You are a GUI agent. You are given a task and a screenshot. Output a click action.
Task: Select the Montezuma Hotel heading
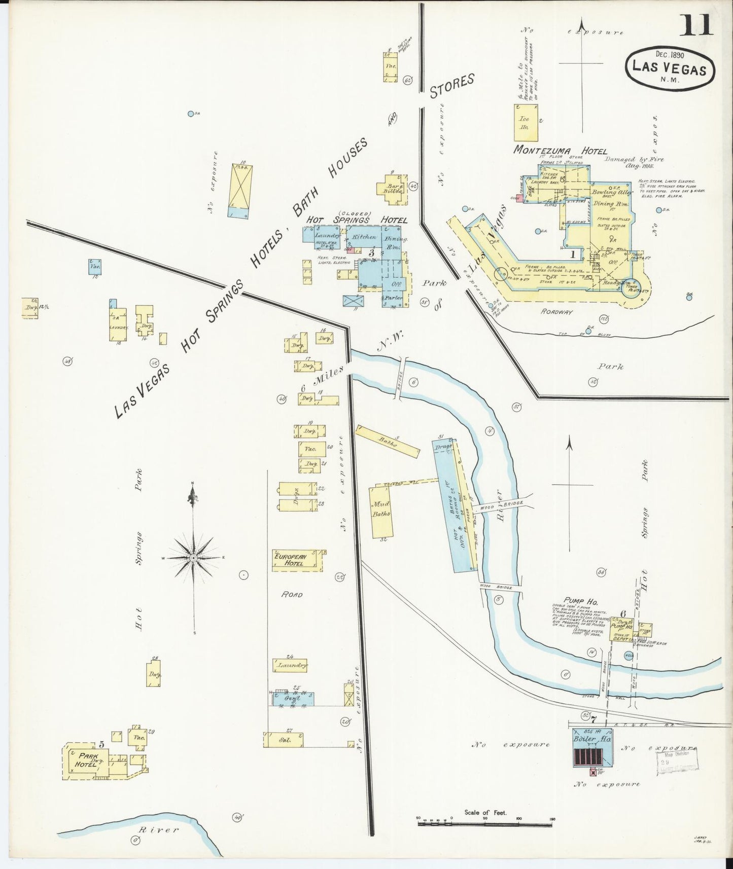(x=560, y=151)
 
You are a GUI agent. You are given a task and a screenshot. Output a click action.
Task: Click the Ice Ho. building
(x=525, y=123)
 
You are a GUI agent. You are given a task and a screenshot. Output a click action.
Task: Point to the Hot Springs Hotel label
(x=357, y=220)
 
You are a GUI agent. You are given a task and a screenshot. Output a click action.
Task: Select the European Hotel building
(x=297, y=560)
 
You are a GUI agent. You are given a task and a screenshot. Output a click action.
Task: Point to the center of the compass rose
(x=193, y=558)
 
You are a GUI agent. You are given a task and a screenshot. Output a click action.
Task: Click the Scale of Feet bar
(x=485, y=824)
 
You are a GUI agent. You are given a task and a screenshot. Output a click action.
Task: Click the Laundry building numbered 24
(x=290, y=665)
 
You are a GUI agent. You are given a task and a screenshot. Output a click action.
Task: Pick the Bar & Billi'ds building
(x=392, y=189)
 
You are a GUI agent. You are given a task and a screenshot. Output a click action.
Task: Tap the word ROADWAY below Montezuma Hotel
(x=556, y=312)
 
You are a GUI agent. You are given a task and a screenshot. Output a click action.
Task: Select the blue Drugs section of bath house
(x=444, y=447)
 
